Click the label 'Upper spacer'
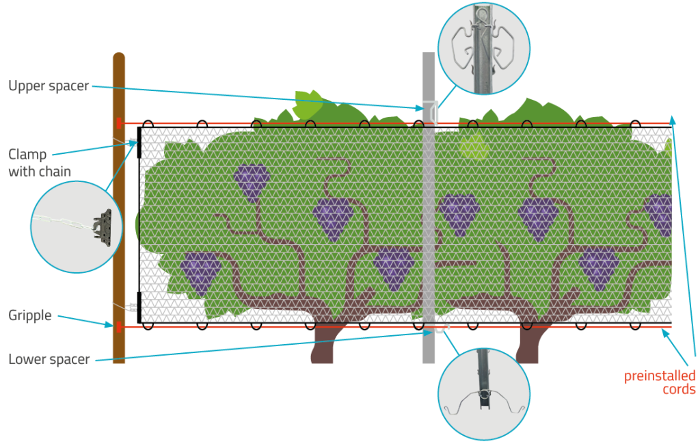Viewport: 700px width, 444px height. (49, 86)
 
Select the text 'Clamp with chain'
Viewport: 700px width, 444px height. (40, 162)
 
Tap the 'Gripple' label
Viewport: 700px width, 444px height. (30, 315)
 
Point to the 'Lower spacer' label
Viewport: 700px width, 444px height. (49, 359)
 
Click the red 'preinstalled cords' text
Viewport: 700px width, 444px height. (660, 382)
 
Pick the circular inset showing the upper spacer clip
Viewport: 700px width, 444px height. (483, 47)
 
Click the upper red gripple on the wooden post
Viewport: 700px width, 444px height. (119, 123)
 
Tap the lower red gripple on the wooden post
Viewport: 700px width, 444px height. (119, 327)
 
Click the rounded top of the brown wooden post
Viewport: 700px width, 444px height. (119, 59)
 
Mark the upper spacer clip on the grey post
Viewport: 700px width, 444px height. (431, 110)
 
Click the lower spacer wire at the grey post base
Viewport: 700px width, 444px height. (438, 329)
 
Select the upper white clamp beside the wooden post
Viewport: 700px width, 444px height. (133, 142)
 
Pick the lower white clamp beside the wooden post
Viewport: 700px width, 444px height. (133, 306)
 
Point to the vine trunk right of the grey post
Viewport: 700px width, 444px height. (527, 345)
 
